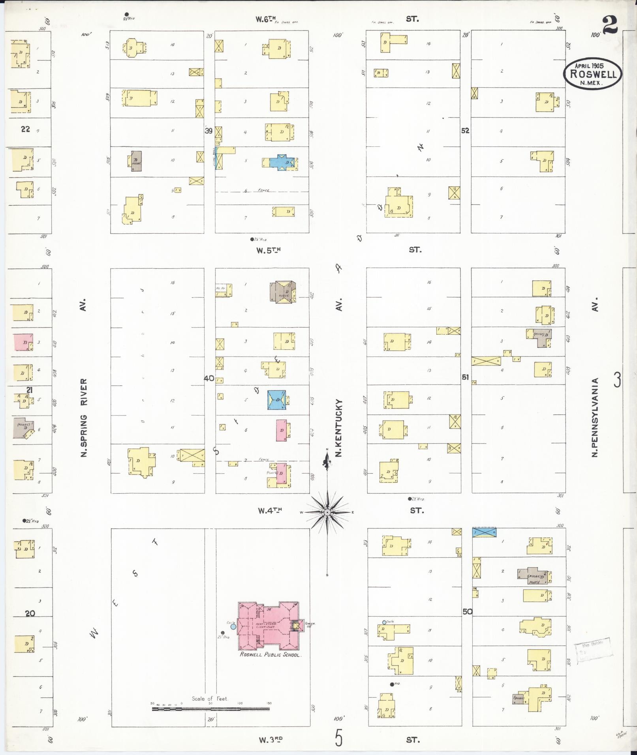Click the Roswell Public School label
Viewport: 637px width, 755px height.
coord(271,655)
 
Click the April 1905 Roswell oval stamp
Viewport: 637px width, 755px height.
coord(592,73)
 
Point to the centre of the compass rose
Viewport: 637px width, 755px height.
coord(327,512)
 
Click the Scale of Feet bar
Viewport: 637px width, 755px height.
coord(210,708)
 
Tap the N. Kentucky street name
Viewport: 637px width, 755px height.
coord(338,428)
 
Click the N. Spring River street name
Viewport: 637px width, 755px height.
coord(84,418)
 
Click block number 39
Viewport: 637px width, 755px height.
coord(209,131)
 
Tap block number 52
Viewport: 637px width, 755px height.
coord(465,131)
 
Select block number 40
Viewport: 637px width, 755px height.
coord(209,378)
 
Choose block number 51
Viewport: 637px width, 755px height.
coord(465,377)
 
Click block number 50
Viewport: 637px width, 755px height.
coord(467,611)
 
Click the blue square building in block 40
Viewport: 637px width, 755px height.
coord(277,399)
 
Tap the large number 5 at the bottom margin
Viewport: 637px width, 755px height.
coord(338,738)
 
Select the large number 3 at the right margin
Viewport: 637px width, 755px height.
coord(617,380)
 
